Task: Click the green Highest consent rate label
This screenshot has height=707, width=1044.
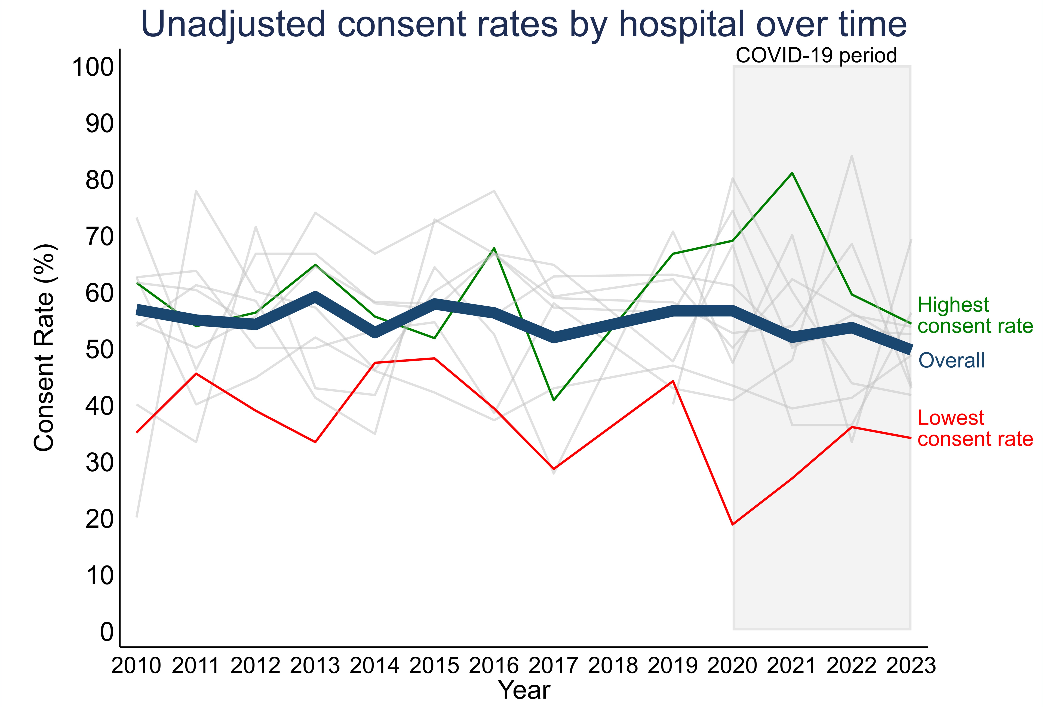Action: pos(975,315)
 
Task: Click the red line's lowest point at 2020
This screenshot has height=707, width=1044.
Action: pos(733,524)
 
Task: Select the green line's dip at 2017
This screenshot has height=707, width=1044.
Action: pos(554,400)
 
